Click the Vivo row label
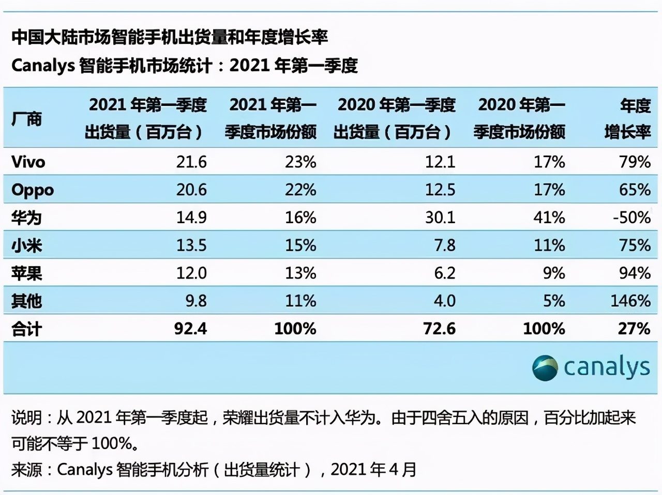pos(28,162)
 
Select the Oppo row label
pos(33,190)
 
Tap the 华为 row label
pos(26,218)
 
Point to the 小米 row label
pos(26,245)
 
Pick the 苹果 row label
pos(26,273)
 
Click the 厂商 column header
pos(26,119)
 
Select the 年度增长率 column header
pos(627,119)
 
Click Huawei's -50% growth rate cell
pos(631,218)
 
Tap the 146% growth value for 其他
pos(630,301)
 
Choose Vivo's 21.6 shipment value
pos(191,162)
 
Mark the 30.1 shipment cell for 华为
pos(440,218)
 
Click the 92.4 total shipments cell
pos(190,329)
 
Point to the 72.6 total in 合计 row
pos(439,329)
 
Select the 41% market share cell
pos(549,218)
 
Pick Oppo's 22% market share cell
pos(300,190)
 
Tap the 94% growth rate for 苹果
pos(635,273)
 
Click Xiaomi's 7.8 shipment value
pos(444,245)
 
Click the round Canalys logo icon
pos(545,368)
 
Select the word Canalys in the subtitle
pos(43,66)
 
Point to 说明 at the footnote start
pos(26,417)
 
